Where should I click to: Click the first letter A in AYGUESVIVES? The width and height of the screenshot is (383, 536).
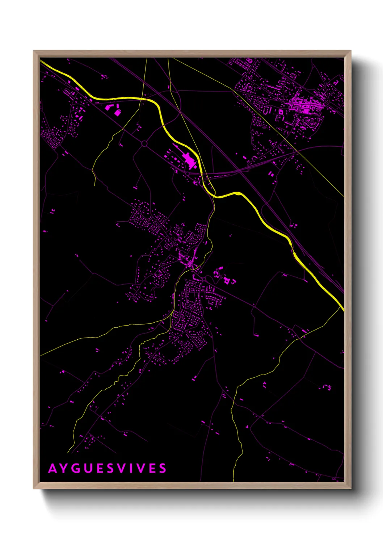pyautogui.click(x=52, y=468)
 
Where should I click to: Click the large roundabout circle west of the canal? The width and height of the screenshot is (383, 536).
pyautogui.click(x=144, y=144)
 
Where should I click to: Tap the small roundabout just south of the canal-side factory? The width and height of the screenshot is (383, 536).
pyautogui.click(x=187, y=174)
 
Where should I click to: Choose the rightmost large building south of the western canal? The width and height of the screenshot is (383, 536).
pyautogui.click(x=117, y=113)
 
